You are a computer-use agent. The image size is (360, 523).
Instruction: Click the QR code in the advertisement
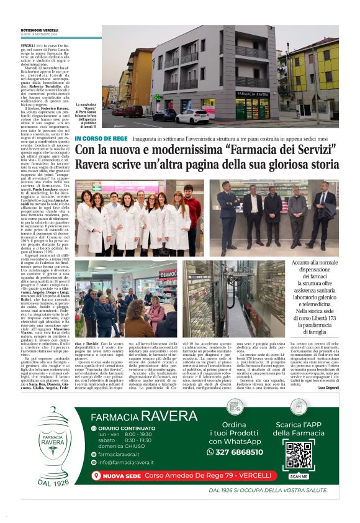coord(298,455)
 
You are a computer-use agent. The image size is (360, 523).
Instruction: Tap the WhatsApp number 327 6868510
coord(235,452)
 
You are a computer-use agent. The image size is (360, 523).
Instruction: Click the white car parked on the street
coord(192,117)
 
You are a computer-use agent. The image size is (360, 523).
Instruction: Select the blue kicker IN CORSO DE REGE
coord(92,138)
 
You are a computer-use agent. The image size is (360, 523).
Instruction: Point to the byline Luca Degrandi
coord(328,370)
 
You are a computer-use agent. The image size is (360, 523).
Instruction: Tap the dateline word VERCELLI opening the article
coord(27,46)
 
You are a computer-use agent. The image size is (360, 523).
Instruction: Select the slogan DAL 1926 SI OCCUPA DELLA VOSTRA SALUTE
coord(259,489)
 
